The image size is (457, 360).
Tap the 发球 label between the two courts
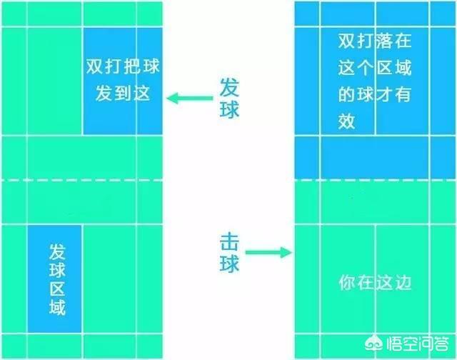(228, 99)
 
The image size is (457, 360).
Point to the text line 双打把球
(123, 69)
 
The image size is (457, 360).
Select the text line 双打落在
(376, 41)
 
